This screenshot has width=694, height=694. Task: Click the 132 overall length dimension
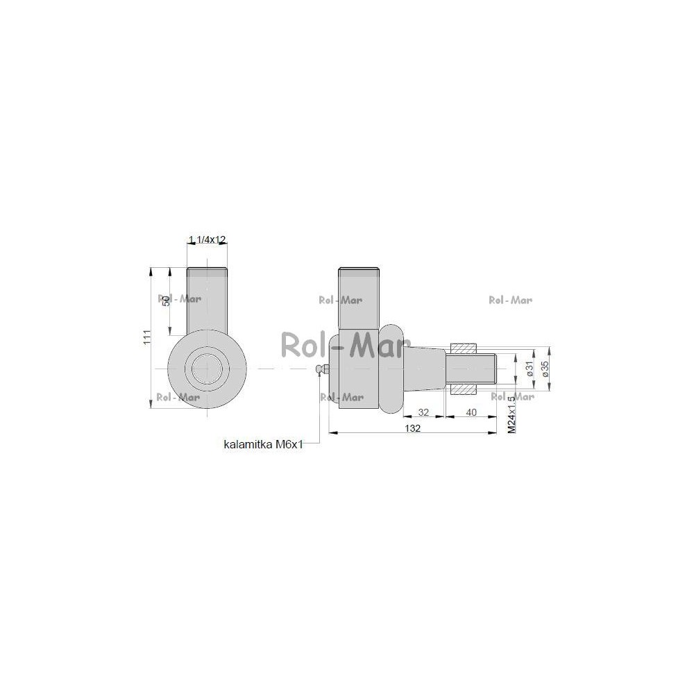412,428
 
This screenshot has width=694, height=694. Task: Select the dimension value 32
423,412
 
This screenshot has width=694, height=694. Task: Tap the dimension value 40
471,412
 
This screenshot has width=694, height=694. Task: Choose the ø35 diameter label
545,369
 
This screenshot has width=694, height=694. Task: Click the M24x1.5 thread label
511,415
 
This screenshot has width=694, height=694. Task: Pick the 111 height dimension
147,337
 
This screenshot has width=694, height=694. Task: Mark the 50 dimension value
166,301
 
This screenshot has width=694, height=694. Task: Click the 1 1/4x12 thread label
207,239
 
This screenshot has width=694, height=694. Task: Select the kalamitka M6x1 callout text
263,444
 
